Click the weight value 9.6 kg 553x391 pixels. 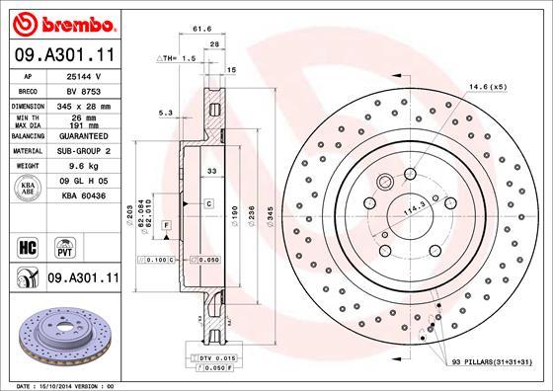[79, 167]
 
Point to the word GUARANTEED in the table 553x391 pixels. [80, 137]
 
